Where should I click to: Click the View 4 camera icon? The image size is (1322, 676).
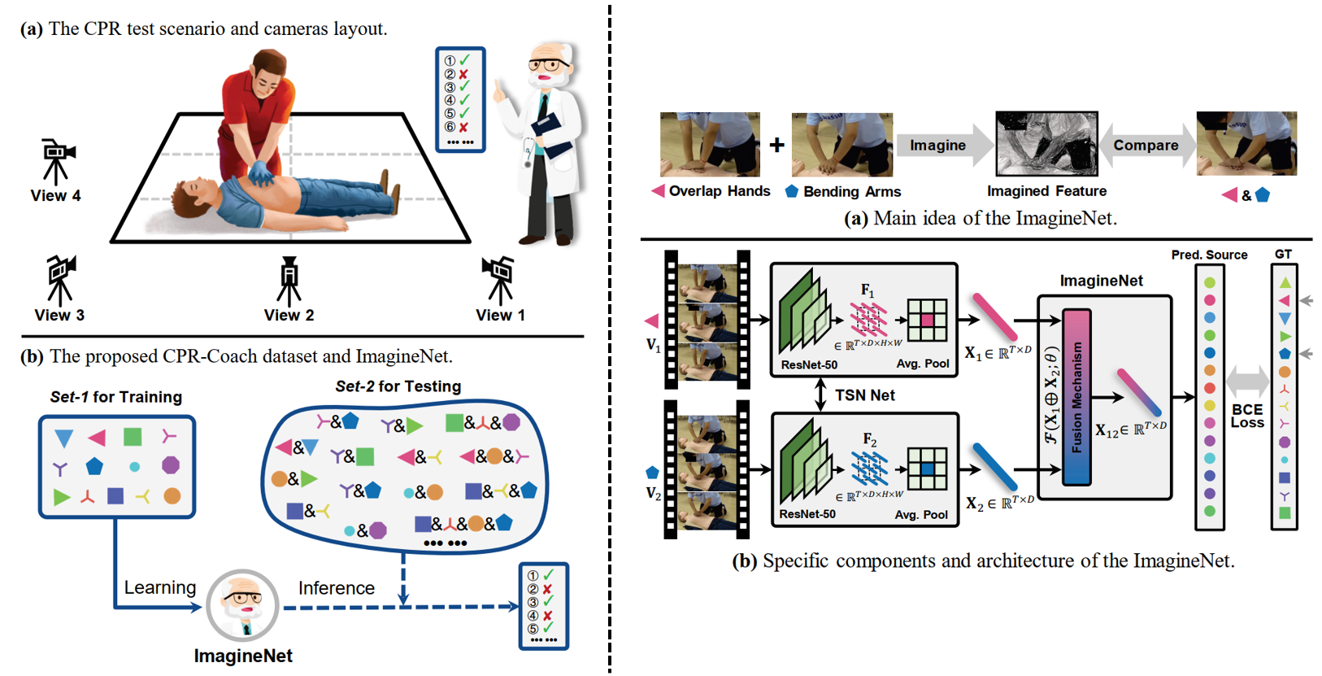tap(57, 160)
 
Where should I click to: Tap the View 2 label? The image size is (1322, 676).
tap(289, 316)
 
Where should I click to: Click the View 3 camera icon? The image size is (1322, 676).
tap(60, 280)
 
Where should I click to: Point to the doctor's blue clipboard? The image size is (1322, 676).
tap(546, 131)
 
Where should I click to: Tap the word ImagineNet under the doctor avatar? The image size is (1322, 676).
tap(243, 656)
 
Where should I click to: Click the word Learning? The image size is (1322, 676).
tap(159, 587)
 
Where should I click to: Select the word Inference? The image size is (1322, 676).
tap(336, 588)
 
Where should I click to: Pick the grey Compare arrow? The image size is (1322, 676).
tap(1146, 146)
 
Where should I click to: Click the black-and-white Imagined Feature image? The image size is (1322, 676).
tap(1046, 144)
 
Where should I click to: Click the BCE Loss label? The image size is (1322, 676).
tap(1247, 416)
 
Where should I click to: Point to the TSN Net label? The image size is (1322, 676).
tap(865, 395)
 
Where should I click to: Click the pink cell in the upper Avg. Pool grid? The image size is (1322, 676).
tap(927, 321)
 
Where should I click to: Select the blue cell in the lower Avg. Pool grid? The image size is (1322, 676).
tap(927, 469)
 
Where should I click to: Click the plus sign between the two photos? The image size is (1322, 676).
tap(777, 145)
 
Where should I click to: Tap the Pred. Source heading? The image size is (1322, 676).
tap(1209, 255)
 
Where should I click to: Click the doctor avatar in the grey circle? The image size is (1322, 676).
tap(242, 605)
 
